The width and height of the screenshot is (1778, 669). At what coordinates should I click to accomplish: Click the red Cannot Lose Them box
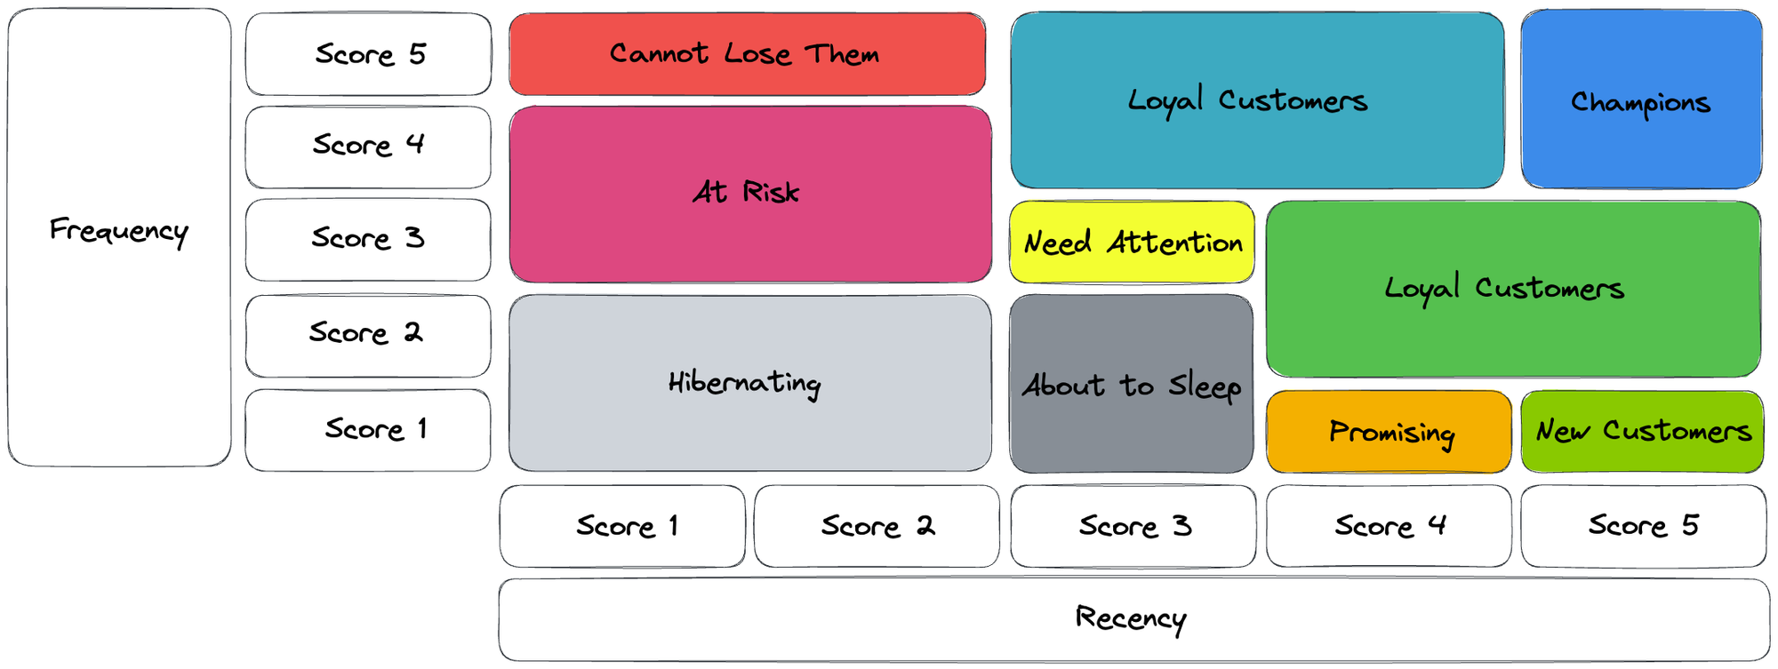coord(747,54)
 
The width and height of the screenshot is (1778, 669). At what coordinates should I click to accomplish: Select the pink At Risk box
coord(749,194)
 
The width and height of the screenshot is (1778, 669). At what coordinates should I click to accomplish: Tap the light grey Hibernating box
coord(749,383)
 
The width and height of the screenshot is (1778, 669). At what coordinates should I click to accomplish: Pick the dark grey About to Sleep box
coord(1131,384)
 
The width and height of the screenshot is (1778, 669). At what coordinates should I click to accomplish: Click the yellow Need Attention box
coord(1132,242)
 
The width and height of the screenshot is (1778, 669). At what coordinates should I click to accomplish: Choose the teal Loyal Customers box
coord(1256,100)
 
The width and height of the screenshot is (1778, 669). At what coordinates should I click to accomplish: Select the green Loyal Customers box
coord(1512,289)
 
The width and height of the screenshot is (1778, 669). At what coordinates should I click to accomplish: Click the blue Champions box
coord(1640,100)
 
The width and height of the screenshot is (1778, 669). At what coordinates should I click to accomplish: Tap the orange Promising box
coord(1388,432)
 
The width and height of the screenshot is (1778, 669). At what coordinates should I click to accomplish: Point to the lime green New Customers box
coord(1641,432)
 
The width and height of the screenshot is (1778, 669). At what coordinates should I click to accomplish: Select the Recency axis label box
coord(1133,619)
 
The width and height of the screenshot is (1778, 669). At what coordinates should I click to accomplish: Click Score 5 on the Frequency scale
coord(368,54)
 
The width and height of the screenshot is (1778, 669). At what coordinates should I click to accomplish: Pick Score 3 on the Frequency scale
coord(368,239)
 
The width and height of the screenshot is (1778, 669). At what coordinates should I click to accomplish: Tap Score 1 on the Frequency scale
coord(368,430)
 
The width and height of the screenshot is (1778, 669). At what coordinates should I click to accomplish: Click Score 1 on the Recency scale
coord(622,526)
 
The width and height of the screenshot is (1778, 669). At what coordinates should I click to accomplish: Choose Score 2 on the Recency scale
coord(877,526)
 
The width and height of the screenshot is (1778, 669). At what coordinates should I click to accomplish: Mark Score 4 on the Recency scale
coord(1388,526)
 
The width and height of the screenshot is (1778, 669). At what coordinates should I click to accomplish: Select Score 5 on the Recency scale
coord(1642,526)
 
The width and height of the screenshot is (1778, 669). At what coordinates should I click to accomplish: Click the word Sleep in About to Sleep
coord(1205,387)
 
